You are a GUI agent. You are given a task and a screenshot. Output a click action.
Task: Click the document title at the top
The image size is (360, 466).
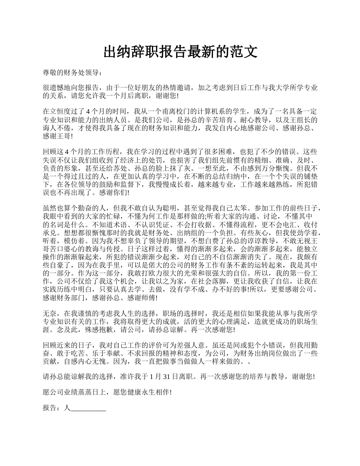180,52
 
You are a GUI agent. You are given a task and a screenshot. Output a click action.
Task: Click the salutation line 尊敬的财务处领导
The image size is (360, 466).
72,73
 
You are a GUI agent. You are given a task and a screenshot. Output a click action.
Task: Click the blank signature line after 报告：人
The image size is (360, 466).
88,409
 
